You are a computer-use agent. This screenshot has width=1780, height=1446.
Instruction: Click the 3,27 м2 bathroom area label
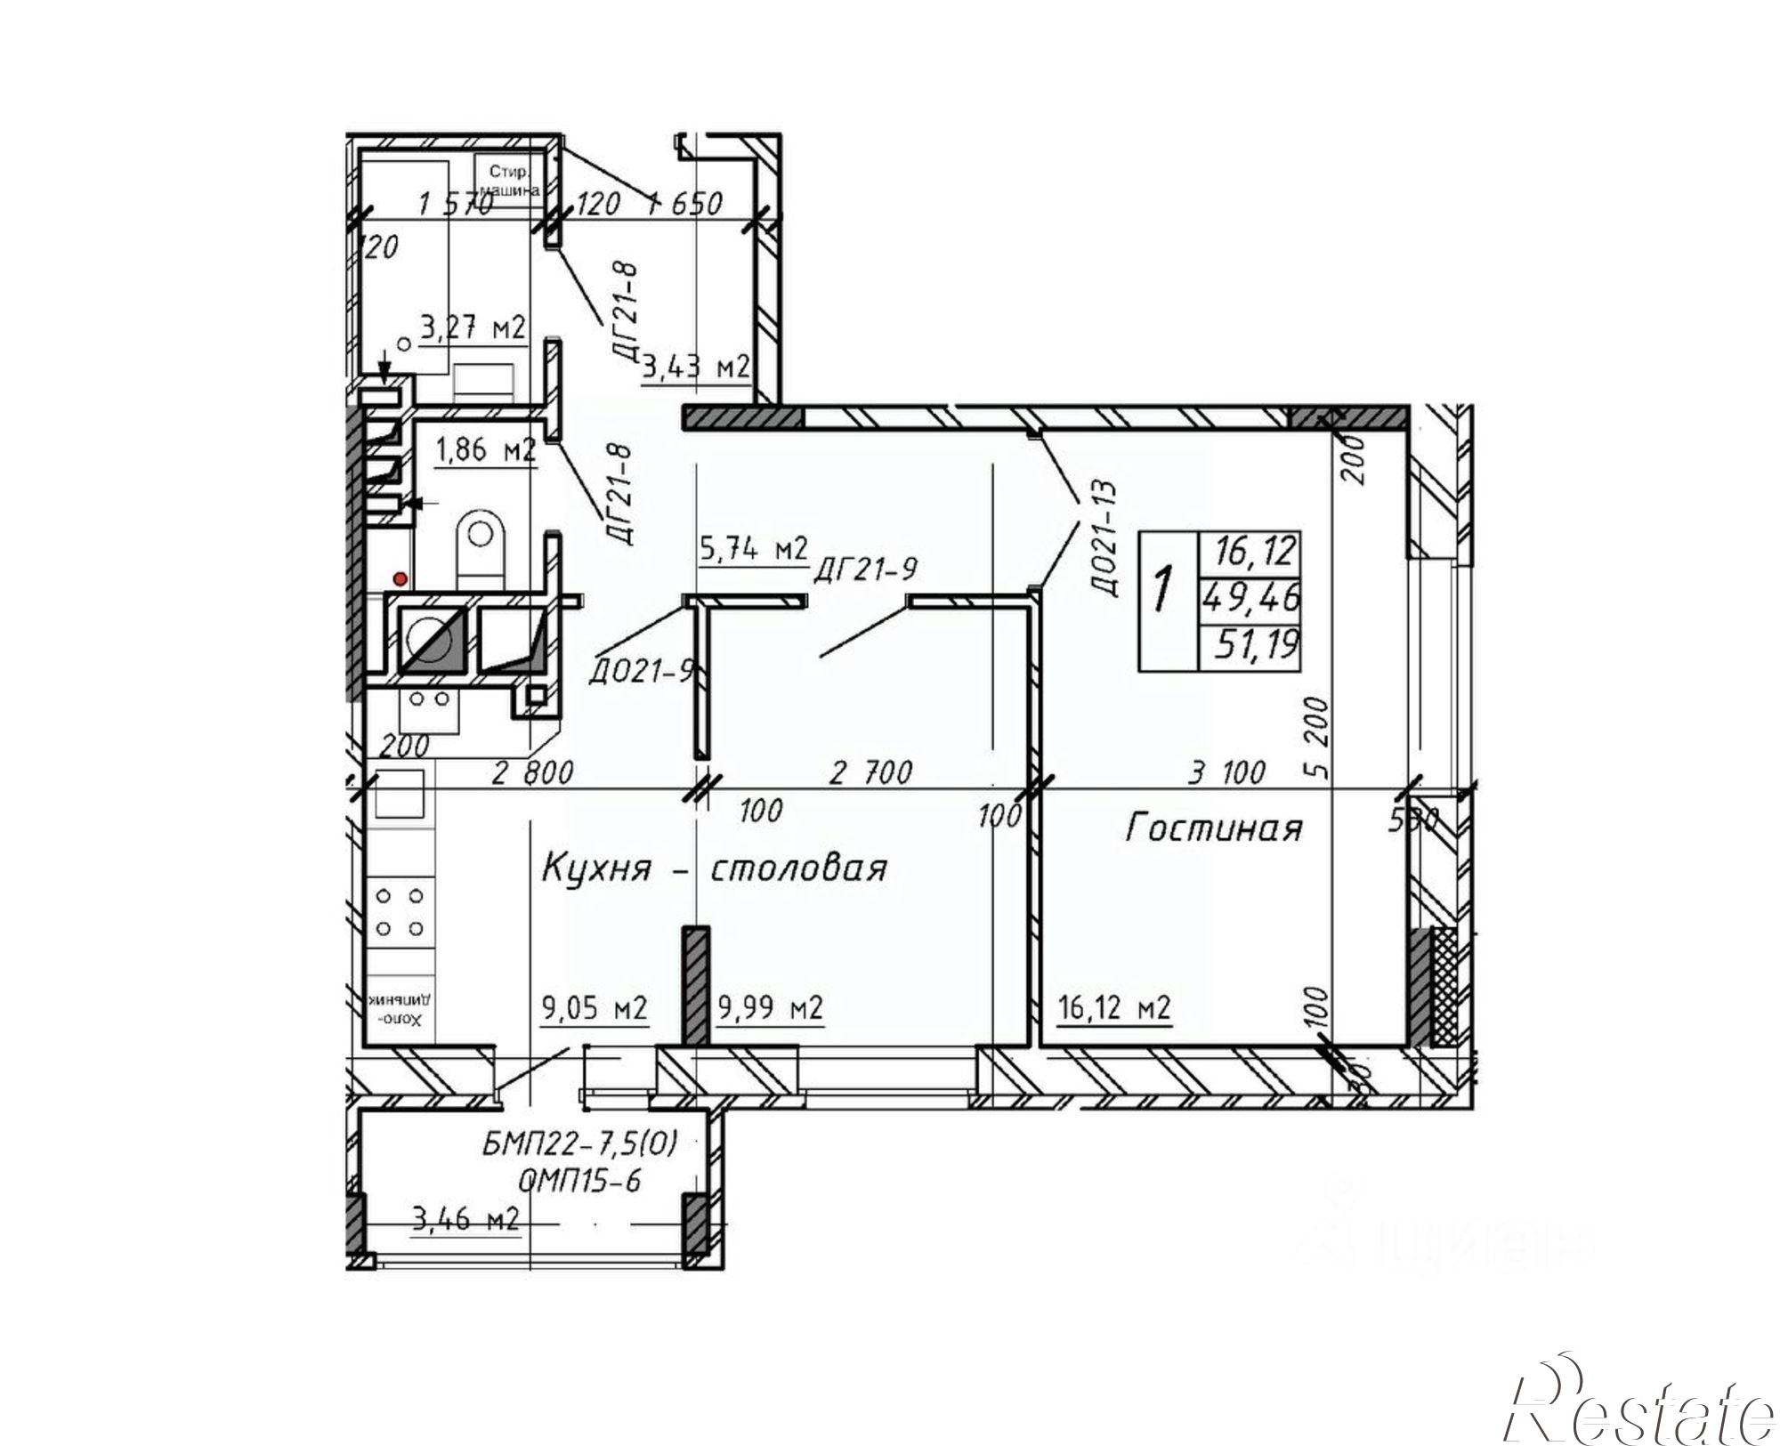473,328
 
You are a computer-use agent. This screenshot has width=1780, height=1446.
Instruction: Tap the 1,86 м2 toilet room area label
485,451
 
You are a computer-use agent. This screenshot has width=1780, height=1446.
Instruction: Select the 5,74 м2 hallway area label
753,549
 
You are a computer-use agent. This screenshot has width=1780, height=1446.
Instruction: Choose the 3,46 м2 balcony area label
465,1217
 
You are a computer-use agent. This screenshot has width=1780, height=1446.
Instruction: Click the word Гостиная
1213,828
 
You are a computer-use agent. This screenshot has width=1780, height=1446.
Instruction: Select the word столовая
798,868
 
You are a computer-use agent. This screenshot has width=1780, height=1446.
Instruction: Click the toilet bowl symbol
480,544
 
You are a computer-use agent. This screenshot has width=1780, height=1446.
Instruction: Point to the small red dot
400,580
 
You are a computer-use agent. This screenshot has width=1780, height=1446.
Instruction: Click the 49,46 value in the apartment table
1250,596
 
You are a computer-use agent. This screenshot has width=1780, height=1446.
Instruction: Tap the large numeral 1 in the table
1162,592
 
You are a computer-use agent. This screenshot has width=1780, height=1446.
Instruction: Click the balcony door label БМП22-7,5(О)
579,1145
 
